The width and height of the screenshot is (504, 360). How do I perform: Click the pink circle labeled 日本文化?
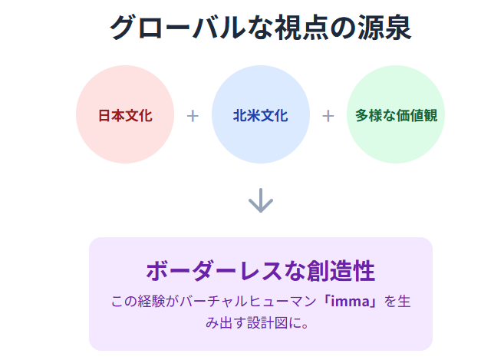click(125, 115)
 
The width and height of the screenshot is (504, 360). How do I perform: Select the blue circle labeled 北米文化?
click(260, 115)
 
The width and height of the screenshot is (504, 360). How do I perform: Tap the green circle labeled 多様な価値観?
click(396, 115)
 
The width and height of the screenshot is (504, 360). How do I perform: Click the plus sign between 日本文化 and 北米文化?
click(193, 116)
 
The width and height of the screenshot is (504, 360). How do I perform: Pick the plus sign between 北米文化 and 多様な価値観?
click(328, 116)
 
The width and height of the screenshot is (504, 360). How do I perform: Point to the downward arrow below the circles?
click(261, 201)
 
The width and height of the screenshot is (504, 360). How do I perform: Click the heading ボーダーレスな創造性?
click(260, 271)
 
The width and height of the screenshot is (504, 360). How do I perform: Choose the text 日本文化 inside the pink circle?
click(125, 116)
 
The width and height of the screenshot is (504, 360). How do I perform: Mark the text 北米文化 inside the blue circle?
click(260, 116)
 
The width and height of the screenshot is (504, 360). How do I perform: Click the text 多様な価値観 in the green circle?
click(396, 116)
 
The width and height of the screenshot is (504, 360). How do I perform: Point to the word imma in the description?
click(351, 302)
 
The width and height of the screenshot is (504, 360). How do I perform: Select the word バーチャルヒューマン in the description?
click(255, 302)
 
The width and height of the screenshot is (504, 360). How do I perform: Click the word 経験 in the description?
click(149, 302)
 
